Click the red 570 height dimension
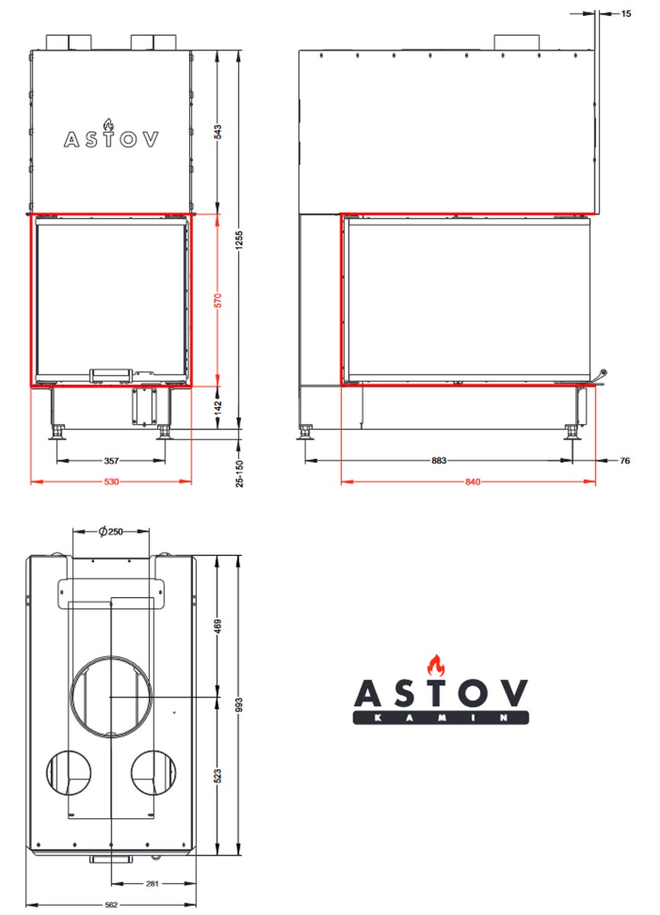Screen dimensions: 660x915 pos(217,300)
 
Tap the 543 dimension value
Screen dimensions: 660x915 pos(217,131)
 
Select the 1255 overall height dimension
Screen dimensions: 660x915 pos(240,239)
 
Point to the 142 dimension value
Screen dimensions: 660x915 pos(217,407)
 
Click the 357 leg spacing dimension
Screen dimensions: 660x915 pos(111,461)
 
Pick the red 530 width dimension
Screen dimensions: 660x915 pos(111,482)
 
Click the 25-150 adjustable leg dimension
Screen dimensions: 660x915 pos(240,474)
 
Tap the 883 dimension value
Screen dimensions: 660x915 pos(439,461)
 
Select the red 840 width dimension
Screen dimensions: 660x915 pos(472,482)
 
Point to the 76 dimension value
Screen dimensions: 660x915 pos(625,461)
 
